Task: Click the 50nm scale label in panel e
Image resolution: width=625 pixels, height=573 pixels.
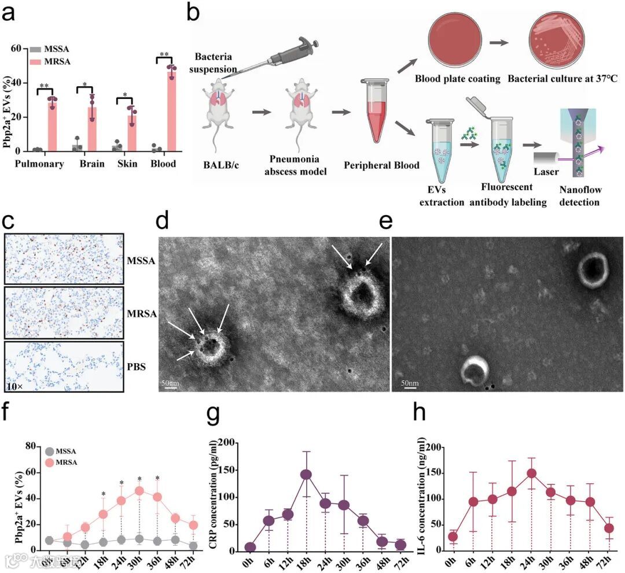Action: [410, 383]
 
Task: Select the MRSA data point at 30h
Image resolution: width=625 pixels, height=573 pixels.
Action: [139, 491]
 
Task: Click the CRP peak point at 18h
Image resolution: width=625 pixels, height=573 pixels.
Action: [306, 475]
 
